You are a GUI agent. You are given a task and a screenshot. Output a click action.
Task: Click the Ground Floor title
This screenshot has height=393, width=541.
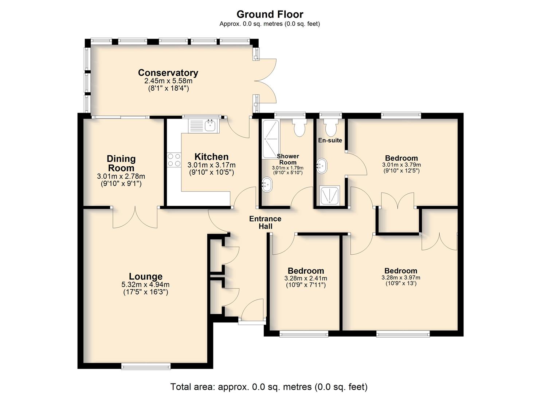pos(270,15)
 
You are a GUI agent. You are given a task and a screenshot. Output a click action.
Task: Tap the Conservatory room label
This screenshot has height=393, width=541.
pos(168,73)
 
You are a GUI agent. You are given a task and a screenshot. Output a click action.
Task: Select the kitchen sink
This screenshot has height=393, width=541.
pos(204,126)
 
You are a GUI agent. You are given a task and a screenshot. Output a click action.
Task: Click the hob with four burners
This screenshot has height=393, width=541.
pos(174,160)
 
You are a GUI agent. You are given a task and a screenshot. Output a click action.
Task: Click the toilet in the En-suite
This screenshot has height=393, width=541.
pos(331,127)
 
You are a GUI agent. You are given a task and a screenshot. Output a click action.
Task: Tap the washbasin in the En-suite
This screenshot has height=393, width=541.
pos(322,166)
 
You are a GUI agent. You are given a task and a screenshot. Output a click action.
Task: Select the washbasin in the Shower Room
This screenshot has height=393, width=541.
pos(267,184)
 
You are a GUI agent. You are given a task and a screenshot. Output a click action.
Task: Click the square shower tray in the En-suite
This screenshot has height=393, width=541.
pos(329,195)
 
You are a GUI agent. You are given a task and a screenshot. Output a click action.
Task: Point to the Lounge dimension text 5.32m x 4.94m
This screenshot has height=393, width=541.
pos(145,285)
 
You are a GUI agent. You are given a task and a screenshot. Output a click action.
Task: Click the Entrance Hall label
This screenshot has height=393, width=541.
pos(265,222)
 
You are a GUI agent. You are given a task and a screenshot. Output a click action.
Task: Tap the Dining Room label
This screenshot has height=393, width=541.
pos(121,163)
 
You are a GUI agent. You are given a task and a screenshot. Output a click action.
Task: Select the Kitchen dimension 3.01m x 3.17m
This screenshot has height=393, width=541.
pos(211,165)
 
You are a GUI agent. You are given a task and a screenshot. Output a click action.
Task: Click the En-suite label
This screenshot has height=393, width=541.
pos(330,140)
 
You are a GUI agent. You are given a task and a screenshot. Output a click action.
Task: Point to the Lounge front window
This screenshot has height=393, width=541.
pos(146,367)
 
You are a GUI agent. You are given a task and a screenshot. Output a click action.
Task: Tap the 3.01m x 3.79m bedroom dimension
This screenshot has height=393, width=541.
pos(401,165)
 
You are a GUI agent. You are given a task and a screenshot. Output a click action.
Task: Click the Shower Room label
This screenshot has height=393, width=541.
pos(288,159)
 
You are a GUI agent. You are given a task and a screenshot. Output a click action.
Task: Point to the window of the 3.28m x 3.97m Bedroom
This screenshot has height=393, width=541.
pos(403,334)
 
